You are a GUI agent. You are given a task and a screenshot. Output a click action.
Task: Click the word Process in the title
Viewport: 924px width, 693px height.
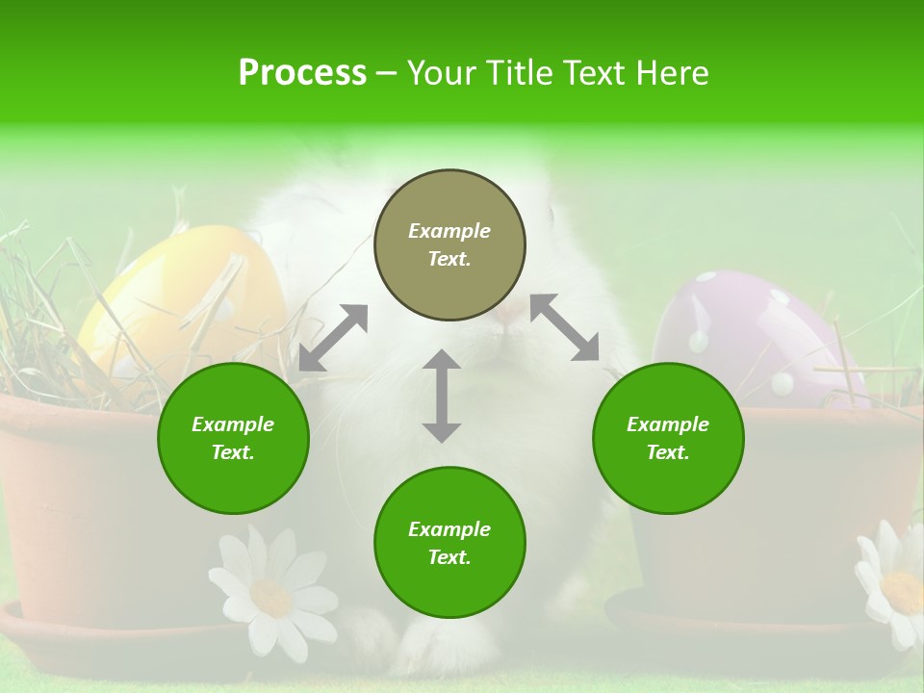tap(302, 73)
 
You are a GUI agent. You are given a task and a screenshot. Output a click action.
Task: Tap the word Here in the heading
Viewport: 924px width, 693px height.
tap(672, 73)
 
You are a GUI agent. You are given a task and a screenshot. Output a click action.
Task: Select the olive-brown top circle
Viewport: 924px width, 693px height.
tap(449, 244)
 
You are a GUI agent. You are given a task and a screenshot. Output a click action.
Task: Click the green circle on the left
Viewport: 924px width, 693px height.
tap(233, 438)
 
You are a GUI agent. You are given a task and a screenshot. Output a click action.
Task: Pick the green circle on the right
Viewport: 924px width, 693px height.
tap(668, 438)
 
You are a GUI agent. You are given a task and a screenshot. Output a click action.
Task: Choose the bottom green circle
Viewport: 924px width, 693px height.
tap(449, 543)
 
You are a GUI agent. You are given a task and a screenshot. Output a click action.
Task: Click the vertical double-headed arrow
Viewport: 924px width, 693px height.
tap(442, 396)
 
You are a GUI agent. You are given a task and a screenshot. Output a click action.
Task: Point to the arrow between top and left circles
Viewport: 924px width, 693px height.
tap(333, 337)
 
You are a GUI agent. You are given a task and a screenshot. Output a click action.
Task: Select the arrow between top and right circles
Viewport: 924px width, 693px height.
tap(564, 328)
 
